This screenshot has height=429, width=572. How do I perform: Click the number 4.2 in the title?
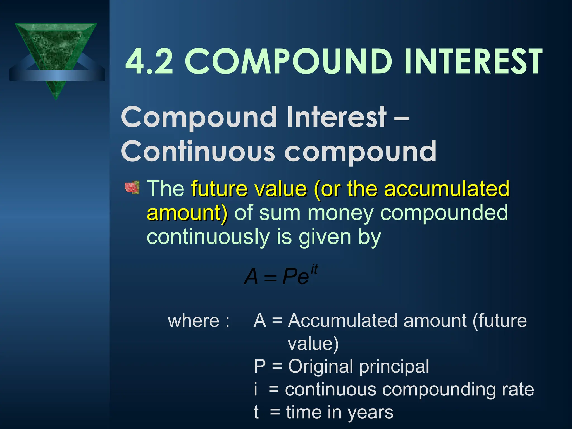pyautogui.click(x=149, y=62)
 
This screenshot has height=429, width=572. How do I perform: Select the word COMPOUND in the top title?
pyautogui.click(x=289, y=62)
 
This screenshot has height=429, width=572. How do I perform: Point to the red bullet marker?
pyautogui.click(x=132, y=187)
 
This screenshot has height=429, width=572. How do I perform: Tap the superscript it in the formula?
pyautogui.click(x=314, y=270)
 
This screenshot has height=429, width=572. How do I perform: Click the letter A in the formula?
pyautogui.click(x=251, y=277)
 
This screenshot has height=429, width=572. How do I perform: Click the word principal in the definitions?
pyautogui.click(x=394, y=366)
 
